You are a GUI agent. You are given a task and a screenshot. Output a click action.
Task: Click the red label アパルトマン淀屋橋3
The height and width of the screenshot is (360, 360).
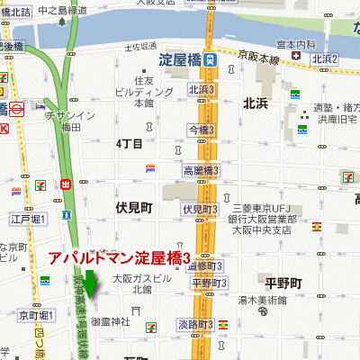[121, 258]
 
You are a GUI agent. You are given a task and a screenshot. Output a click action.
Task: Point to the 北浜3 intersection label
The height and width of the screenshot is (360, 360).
[202, 89]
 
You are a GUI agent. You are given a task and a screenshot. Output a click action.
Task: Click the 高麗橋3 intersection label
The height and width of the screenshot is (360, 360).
[202, 170]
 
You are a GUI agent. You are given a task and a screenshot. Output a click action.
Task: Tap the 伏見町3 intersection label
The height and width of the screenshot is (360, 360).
[200, 209]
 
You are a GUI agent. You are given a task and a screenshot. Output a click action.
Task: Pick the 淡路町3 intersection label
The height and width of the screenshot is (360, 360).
[195, 324]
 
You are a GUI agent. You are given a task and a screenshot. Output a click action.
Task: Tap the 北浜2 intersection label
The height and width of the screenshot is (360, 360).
[324, 59]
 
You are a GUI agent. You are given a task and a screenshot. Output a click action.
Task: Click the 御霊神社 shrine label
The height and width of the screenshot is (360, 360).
[111, 321]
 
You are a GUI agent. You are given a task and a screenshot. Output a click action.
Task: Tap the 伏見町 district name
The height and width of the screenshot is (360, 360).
[135, 206]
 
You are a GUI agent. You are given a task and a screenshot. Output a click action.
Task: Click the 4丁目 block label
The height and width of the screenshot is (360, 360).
[130, 143]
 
